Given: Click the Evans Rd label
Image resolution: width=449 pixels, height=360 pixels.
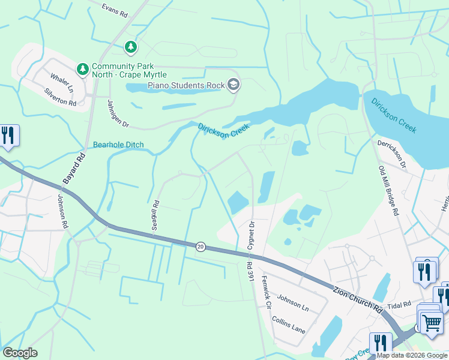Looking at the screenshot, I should (115, 10).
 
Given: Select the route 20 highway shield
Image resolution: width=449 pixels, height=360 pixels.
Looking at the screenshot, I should (200, 247).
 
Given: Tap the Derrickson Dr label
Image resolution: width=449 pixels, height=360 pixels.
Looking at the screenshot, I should (391, 155).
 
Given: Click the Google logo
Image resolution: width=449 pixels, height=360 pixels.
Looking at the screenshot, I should (20, 353).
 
